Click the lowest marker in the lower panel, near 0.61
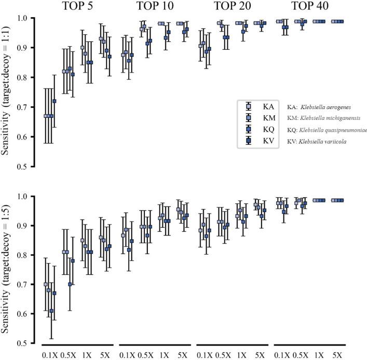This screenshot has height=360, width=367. [51, 311]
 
